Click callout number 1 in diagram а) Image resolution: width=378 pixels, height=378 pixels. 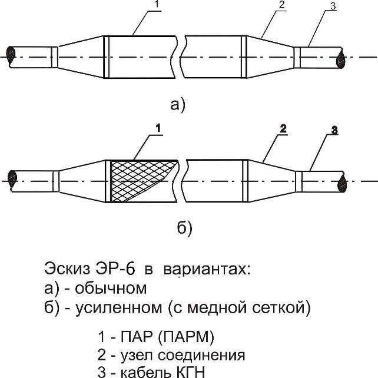tap(157, 4)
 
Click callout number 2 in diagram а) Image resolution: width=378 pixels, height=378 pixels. tap(282, 5)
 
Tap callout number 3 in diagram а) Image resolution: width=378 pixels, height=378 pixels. tap(333, 6)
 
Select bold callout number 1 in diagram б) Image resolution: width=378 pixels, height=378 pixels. tap(158, 128)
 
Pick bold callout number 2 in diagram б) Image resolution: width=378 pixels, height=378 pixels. tap(283, 129)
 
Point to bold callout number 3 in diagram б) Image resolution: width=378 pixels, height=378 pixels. tap(334, 131)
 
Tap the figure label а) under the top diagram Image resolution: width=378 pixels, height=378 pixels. tap(178, 105)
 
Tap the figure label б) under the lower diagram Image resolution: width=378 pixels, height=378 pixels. tap(185, 228)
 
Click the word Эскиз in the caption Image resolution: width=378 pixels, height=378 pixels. tap(67, 269)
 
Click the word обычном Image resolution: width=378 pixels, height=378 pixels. tap(111, 288)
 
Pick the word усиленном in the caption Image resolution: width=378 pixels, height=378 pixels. tap(118, 308)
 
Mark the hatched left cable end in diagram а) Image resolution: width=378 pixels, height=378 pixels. tap(11, 57)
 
